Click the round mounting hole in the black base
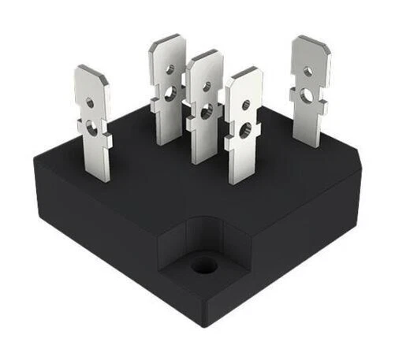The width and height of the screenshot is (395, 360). pyautogui.click(x=204, y=264)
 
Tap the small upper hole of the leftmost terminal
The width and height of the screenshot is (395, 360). pyautogui.click(x=90, y=102)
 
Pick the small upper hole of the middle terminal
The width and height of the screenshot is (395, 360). pyautogui.click(x=207, y=86)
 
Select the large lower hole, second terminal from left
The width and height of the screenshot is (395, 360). pyautogui.click(x=170, y=94)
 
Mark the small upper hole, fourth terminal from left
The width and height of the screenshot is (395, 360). pyautogui.click(x=246, y=104)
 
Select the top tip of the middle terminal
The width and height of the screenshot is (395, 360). pyautogui.click(x=206, y=55)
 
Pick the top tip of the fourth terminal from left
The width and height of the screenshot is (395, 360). pyautogui.click(x=244, y=72)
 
